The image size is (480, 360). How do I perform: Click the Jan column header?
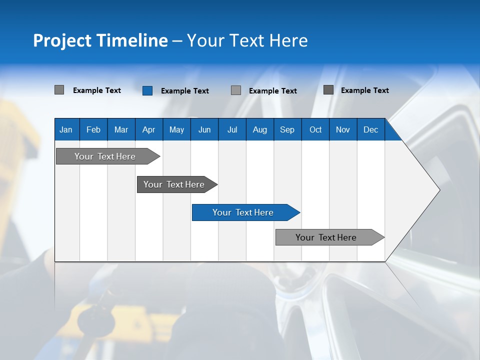tap(66, 129)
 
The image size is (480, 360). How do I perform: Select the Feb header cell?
tap(93, 129)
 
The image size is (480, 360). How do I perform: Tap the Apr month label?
tap(148, 129)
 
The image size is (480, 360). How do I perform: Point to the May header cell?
tap(176, 129)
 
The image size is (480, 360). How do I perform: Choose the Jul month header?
tap(232, 129)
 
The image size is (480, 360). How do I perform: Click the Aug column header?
tap(259, 129)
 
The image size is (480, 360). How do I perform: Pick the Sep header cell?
tap(287, 129)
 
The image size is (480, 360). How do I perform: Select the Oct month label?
tap(315, 129)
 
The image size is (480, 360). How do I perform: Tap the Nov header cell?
tap(343, 129)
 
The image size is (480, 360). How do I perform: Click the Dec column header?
tap(370, 129)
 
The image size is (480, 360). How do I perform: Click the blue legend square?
tap(147, 90)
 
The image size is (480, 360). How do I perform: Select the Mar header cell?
tap(121, 129)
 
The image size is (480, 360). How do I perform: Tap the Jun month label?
tap(204, 129)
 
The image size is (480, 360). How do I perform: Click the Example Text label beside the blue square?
tap(185, 91)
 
